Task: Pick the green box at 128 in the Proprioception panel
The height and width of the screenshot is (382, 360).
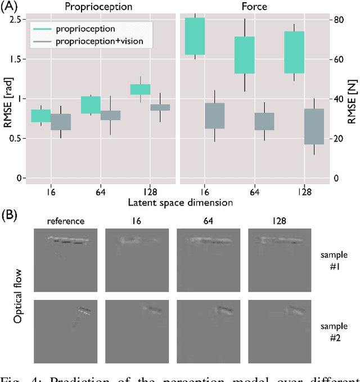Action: [140, 89]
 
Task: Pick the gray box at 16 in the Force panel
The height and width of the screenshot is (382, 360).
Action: [214, 116]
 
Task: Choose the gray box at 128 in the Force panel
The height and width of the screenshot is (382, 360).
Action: [314, 126]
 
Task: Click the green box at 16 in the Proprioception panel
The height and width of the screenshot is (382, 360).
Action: [40, 116]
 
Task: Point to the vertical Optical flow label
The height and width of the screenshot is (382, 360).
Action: [17, 292]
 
